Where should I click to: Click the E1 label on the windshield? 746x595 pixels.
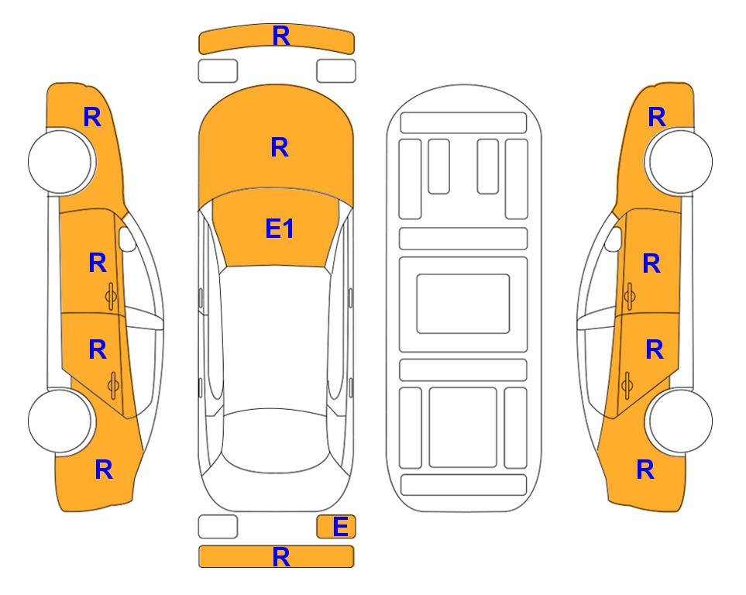click(280, 229)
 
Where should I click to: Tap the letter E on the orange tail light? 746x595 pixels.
click(341, 527)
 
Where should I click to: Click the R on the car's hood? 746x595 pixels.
click(280, 147)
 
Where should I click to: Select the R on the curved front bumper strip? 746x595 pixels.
click(281, 36)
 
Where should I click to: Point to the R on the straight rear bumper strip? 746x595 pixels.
click(281, 557)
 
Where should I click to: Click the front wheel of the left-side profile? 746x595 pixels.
click(61, 161)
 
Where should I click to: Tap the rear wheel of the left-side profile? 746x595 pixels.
click(60, 421)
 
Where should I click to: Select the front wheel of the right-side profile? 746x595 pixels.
click(679, 161)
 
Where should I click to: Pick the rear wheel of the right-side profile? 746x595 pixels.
click(680, 421)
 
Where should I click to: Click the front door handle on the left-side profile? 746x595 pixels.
click(111, 296)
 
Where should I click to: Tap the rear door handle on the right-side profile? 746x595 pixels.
click(627, 385)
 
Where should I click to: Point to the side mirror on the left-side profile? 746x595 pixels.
click(127, 239)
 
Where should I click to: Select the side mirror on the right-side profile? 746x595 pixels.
click(614, 239)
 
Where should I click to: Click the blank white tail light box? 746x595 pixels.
click(218, 527)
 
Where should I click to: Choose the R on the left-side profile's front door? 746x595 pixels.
click(98, 263)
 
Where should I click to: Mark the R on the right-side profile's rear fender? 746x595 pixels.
click(645, 469)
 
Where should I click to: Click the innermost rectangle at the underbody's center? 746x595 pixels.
click(463, 304)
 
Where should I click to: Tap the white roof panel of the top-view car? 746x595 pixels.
click(276, 338)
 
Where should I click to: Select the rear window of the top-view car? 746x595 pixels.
click(276, 440)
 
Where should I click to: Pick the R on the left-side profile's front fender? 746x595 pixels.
click(92, 117)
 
